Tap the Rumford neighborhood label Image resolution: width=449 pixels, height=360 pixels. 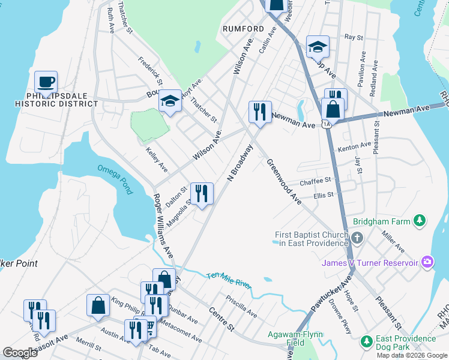(243, 29)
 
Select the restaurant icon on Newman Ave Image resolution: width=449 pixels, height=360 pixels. (259, 112)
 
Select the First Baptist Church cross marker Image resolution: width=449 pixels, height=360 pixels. (357, 238)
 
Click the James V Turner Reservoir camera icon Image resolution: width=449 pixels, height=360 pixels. (427, 262)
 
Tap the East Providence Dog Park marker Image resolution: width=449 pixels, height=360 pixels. (366, 341)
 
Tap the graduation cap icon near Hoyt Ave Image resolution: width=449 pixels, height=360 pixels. (170, 102)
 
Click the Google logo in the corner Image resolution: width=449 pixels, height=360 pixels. (20, 353)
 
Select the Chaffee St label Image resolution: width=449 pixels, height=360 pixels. (315, 181)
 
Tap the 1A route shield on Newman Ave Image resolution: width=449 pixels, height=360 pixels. (325, 124)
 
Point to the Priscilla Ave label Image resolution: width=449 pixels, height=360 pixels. (241, 306)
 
